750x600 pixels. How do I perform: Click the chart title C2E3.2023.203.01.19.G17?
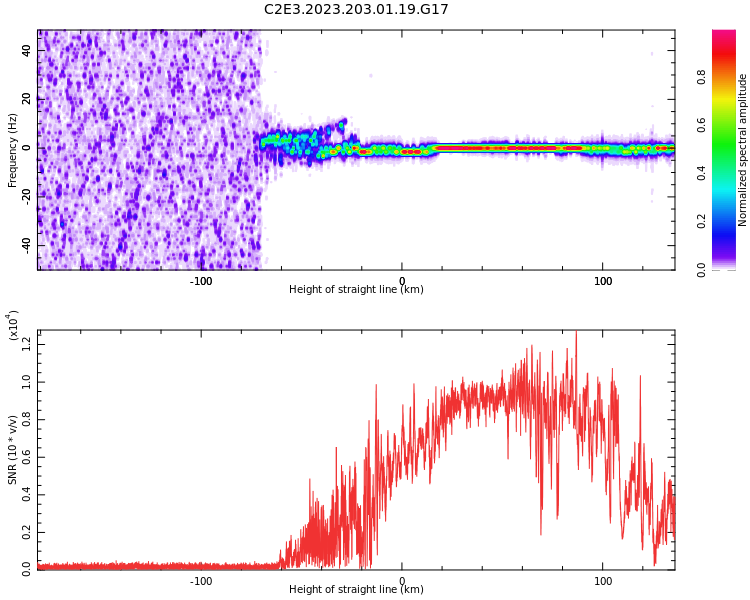click(x=356, y=9)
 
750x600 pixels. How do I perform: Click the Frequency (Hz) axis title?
click(x=13, y=150)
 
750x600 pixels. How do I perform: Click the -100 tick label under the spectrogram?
click(x=201, y=281)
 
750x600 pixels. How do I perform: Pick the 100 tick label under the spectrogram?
click(x=603, y=281)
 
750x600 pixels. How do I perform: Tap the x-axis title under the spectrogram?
click(x=356, y=290)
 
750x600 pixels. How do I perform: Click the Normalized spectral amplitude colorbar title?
click(x=743, y=150)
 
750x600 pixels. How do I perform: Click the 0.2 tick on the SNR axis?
click(x=27, y=531)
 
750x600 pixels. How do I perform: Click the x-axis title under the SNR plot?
click(x=356, y=590)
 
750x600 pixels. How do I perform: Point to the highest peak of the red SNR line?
click(x=576, y=333)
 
